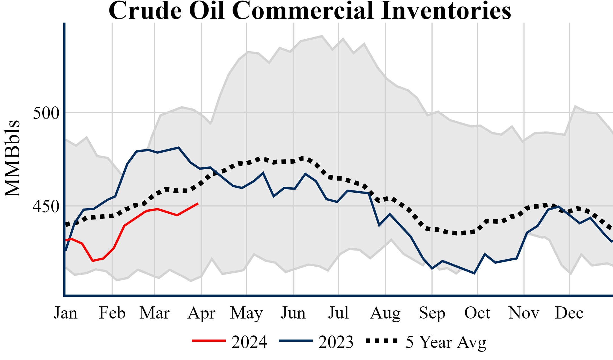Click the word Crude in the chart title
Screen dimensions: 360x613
(x=145, y=11)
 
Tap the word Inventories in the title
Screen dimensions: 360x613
(x=446, y=11)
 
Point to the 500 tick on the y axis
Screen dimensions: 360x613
(x=46, y=113)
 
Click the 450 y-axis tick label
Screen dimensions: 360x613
(x=46, y=207)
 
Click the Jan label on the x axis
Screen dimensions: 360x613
(x=65, y=313)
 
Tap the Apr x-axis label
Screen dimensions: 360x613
(x=201, y=313)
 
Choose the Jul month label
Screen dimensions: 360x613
(x=338, y=313)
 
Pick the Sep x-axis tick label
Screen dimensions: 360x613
(x=432, y=313)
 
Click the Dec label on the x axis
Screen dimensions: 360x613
(x=569, y=313)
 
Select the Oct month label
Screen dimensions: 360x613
(x=477, y=313)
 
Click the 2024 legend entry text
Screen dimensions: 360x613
(x=249, y=342)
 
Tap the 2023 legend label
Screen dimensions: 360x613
(x=336, y=342)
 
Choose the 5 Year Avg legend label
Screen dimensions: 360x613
(x=446, y=342)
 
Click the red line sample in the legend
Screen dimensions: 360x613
(x=209, y=341)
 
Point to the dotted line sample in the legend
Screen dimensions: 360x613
(x=382, y=341)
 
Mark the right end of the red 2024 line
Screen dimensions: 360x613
(x=198, y=203)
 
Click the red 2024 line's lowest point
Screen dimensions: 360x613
(x=93, y=261)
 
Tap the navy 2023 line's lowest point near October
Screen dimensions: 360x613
(x=474, y=273)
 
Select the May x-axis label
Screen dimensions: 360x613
(x=246, y=313)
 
